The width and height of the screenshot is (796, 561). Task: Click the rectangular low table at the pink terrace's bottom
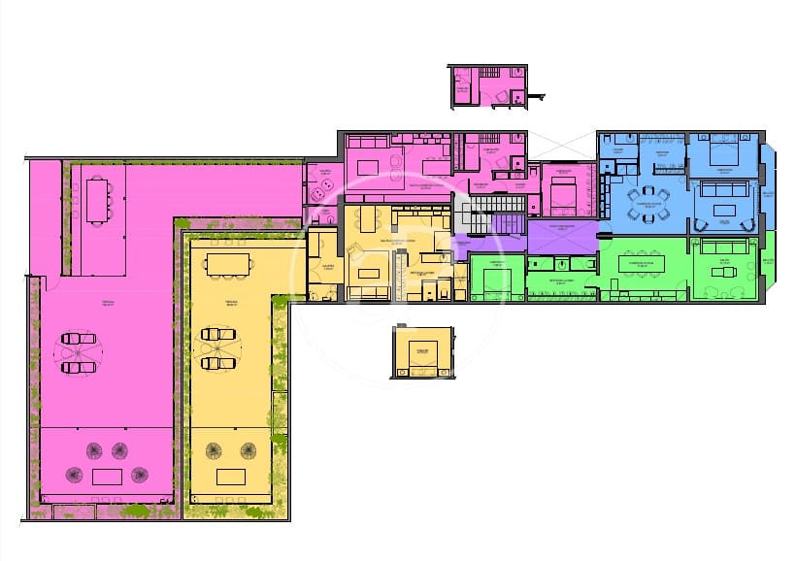tap(106, 476)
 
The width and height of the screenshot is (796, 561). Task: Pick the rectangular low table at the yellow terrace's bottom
tap(231, 476)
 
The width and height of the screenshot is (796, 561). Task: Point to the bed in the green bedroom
tap(496, 283)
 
